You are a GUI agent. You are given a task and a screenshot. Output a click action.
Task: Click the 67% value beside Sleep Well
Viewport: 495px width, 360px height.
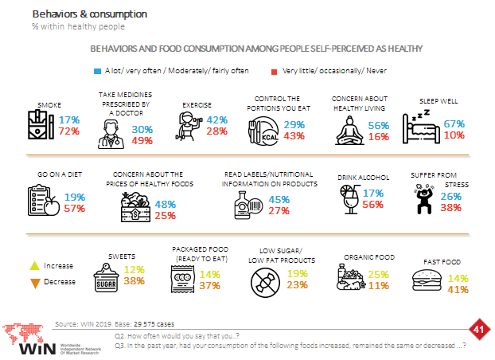(454, 123)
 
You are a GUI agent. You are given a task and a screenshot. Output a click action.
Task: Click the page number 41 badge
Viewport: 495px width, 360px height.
(478, 329)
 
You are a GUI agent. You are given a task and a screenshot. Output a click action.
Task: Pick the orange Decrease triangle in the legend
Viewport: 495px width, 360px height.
(34, 281)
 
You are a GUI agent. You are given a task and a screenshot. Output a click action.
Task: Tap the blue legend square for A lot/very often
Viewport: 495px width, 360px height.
(97, 70)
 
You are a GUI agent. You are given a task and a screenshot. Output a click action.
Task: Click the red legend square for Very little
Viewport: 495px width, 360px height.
(275, 70)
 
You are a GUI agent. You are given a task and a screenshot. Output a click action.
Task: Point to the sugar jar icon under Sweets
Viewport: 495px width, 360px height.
(107, 280)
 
